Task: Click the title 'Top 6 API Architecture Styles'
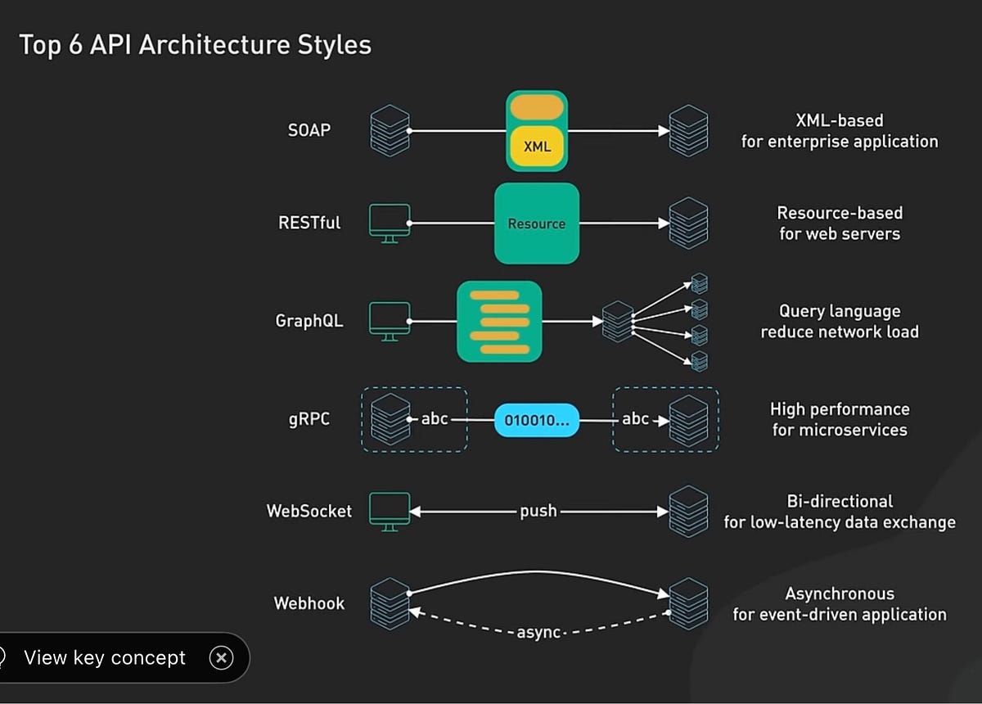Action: pyautogui.click(x=195, y=45)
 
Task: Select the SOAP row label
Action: pyautogui.click(x=309, y=130)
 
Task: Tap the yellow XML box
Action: pyautogui.click(x=537, y=147)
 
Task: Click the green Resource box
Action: pyautogui.click(x=537, y=223)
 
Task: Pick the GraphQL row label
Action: pyautogui.click(x=309, y=321)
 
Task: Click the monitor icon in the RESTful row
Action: pyautogui.click(x=390, y=223)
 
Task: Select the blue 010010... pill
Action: pyautogui.click(x=537, y=420)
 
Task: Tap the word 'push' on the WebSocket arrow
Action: pyautogui.click(x=538, y=511)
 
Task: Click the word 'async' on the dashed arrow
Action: pyautogui.click(x=538, y=633)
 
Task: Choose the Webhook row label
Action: pyautogui.click(x=309, y=603)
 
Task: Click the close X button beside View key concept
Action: pyautogui.click(x=221, y=657)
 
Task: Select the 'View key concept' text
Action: pyautogui.click(x=105, y=657)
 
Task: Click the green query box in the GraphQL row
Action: pyautogui.click(x=499, y=322)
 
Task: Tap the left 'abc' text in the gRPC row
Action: pyautogui.click(x=435, y=419)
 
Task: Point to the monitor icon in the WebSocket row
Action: pyautogui.click(x=390, y=511)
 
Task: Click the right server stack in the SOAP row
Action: pyautogui.click(x=688, y=130)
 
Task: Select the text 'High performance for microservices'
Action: pyautogui.click(x=840, y=419)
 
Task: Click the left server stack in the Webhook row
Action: pyautogui.click(x=390, y=603)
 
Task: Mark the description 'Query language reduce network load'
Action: pyautogui.click(x=840, y=322)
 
